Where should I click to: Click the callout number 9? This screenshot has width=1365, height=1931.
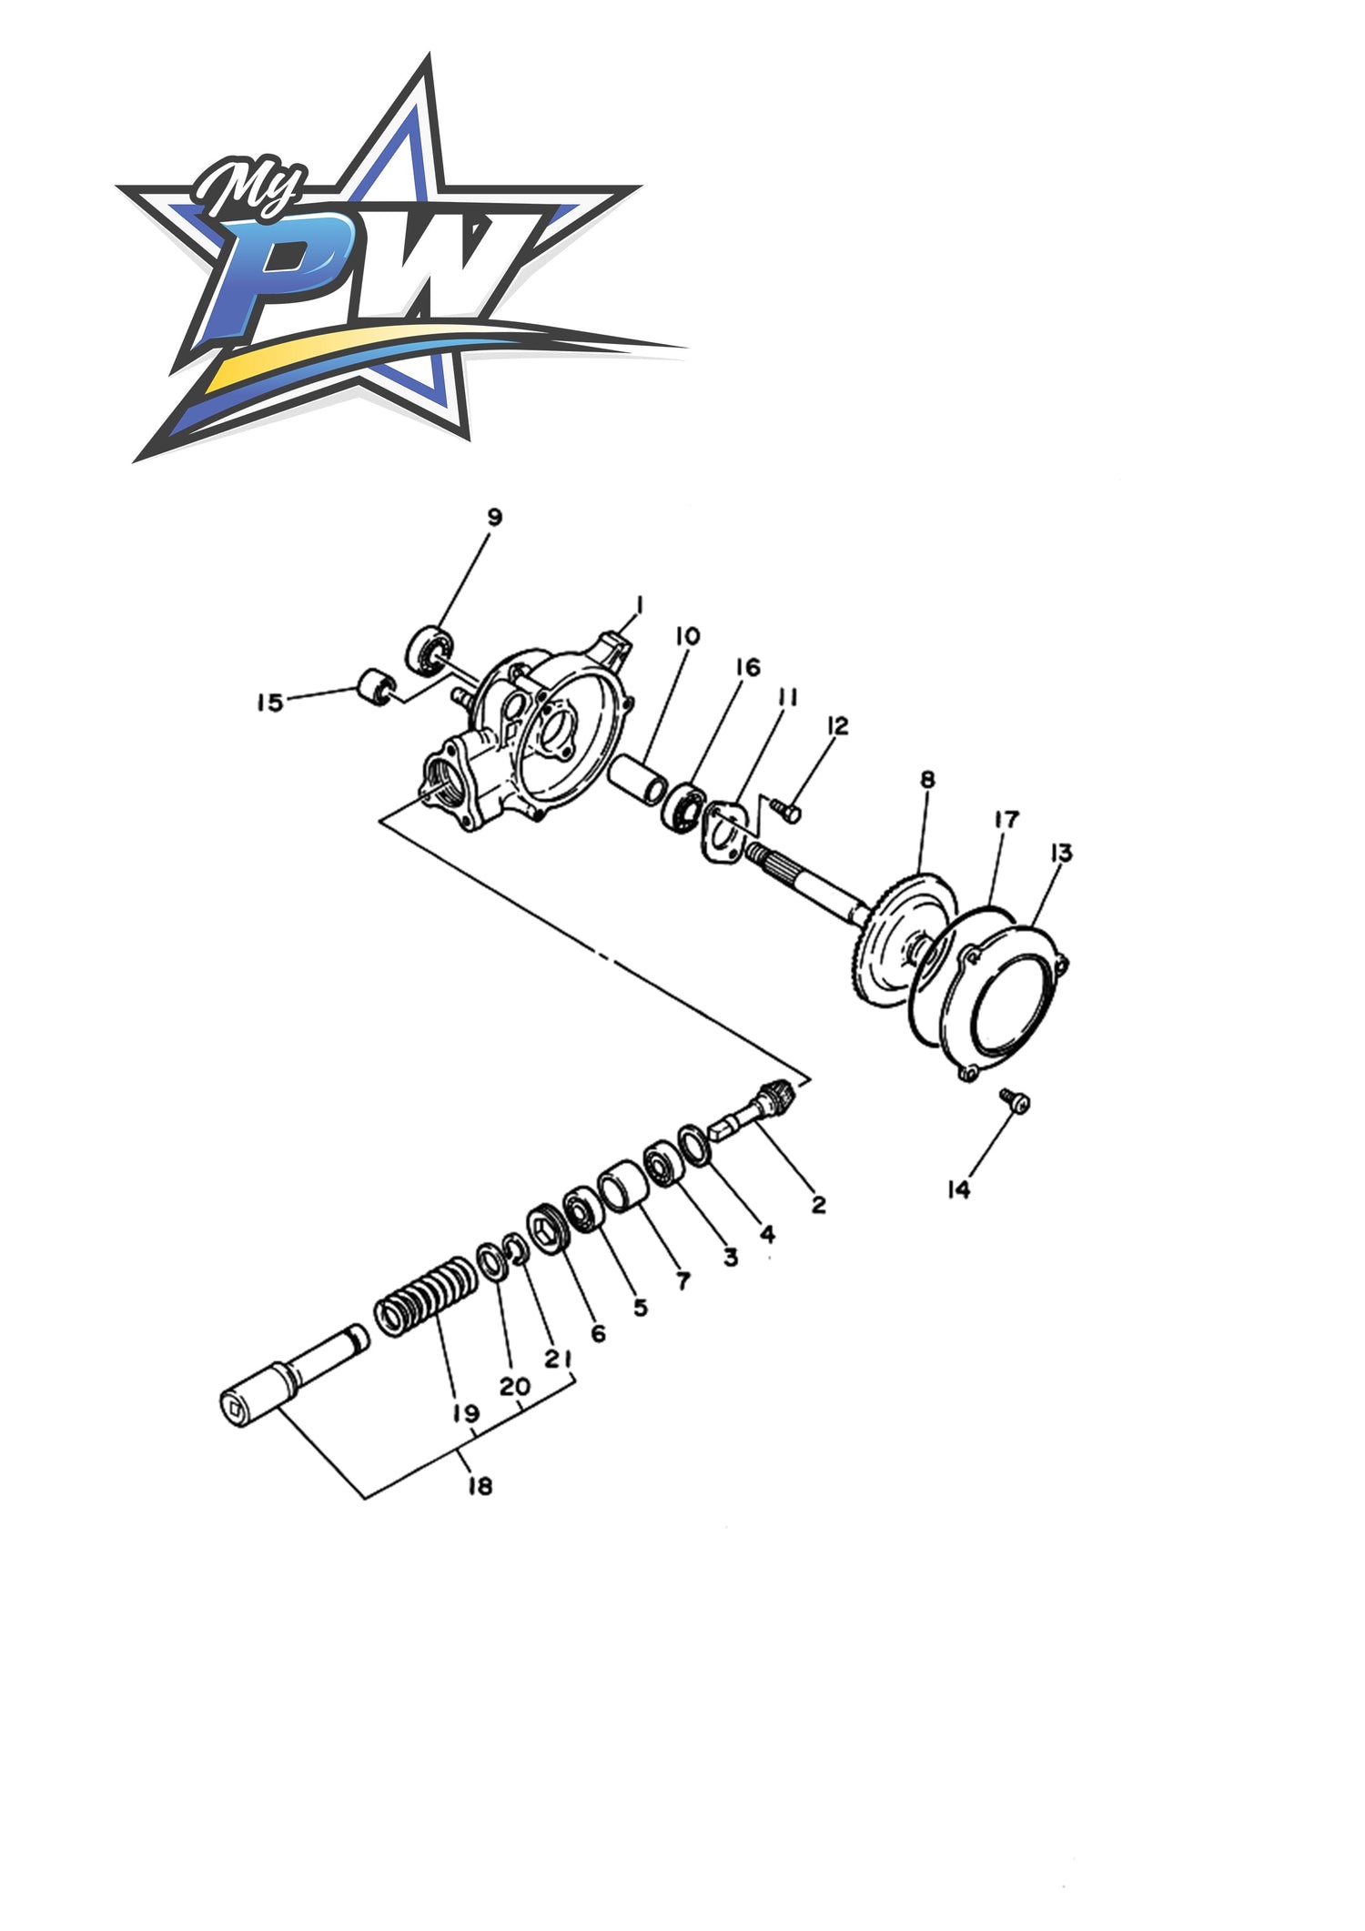tap(494, 517)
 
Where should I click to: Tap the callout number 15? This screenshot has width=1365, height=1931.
tap(269, 703)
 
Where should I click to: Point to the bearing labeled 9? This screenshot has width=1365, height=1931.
tap(430, 650)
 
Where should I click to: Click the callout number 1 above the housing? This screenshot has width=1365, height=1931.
tap(641, 605)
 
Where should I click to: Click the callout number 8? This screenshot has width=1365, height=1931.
tap(927, 779)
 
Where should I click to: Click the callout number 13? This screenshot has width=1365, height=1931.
tap(1061, 853)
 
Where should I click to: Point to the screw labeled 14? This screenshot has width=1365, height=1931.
tap(1015, 1099)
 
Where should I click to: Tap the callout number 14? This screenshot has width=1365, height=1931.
tap(960, 1188)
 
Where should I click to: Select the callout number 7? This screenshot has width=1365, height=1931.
tap(682, 1280)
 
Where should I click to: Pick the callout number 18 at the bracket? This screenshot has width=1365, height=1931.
tap(480, 1486)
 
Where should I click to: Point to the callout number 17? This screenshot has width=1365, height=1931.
tap(1006, 819)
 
